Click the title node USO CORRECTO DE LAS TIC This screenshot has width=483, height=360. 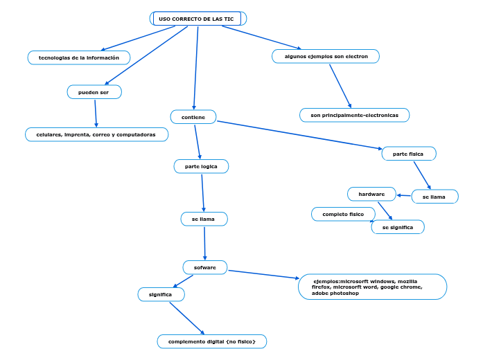coord(197,19)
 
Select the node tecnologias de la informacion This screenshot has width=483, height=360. coord(79,57)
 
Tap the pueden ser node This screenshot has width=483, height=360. coord(94,92)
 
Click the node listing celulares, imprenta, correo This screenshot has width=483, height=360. coord(96,134)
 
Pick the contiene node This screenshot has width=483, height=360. coord(193,117)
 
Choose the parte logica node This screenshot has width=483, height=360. coord(201,166)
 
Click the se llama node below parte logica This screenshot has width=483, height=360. coord(204,219)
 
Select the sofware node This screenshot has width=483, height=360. coord(205,267)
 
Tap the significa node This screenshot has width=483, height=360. coord(161,294)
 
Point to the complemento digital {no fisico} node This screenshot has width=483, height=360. coord(212,341)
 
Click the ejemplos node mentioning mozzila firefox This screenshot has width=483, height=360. coord(372,287)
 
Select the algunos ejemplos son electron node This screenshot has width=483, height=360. coord(326,56)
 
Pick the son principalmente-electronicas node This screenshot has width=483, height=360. coord(354,115)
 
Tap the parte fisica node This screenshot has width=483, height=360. coord(409,154)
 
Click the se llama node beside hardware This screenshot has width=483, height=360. coord(434,197)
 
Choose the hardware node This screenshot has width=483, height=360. coord(371,194)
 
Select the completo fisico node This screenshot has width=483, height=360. coord(343,215)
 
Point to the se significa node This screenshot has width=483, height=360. coord(398,227)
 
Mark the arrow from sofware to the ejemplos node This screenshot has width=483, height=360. coord(263,274)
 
